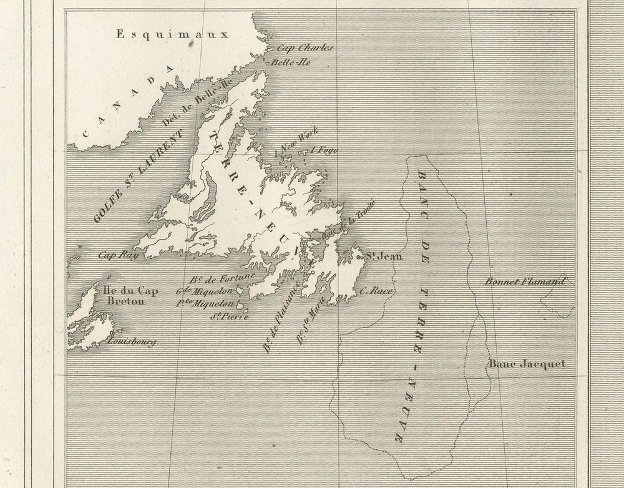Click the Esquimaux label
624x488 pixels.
[x=173, y=34]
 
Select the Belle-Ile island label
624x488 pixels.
[x=291, y=62]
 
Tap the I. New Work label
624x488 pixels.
[x=297, y=140]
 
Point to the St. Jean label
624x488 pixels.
[x=383, y=256]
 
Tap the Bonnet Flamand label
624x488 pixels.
[x=524, y=281]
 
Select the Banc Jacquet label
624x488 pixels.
[x=526, y=364]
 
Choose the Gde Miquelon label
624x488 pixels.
[x=204, y=291]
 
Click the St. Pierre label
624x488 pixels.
[x=229, y=316]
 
